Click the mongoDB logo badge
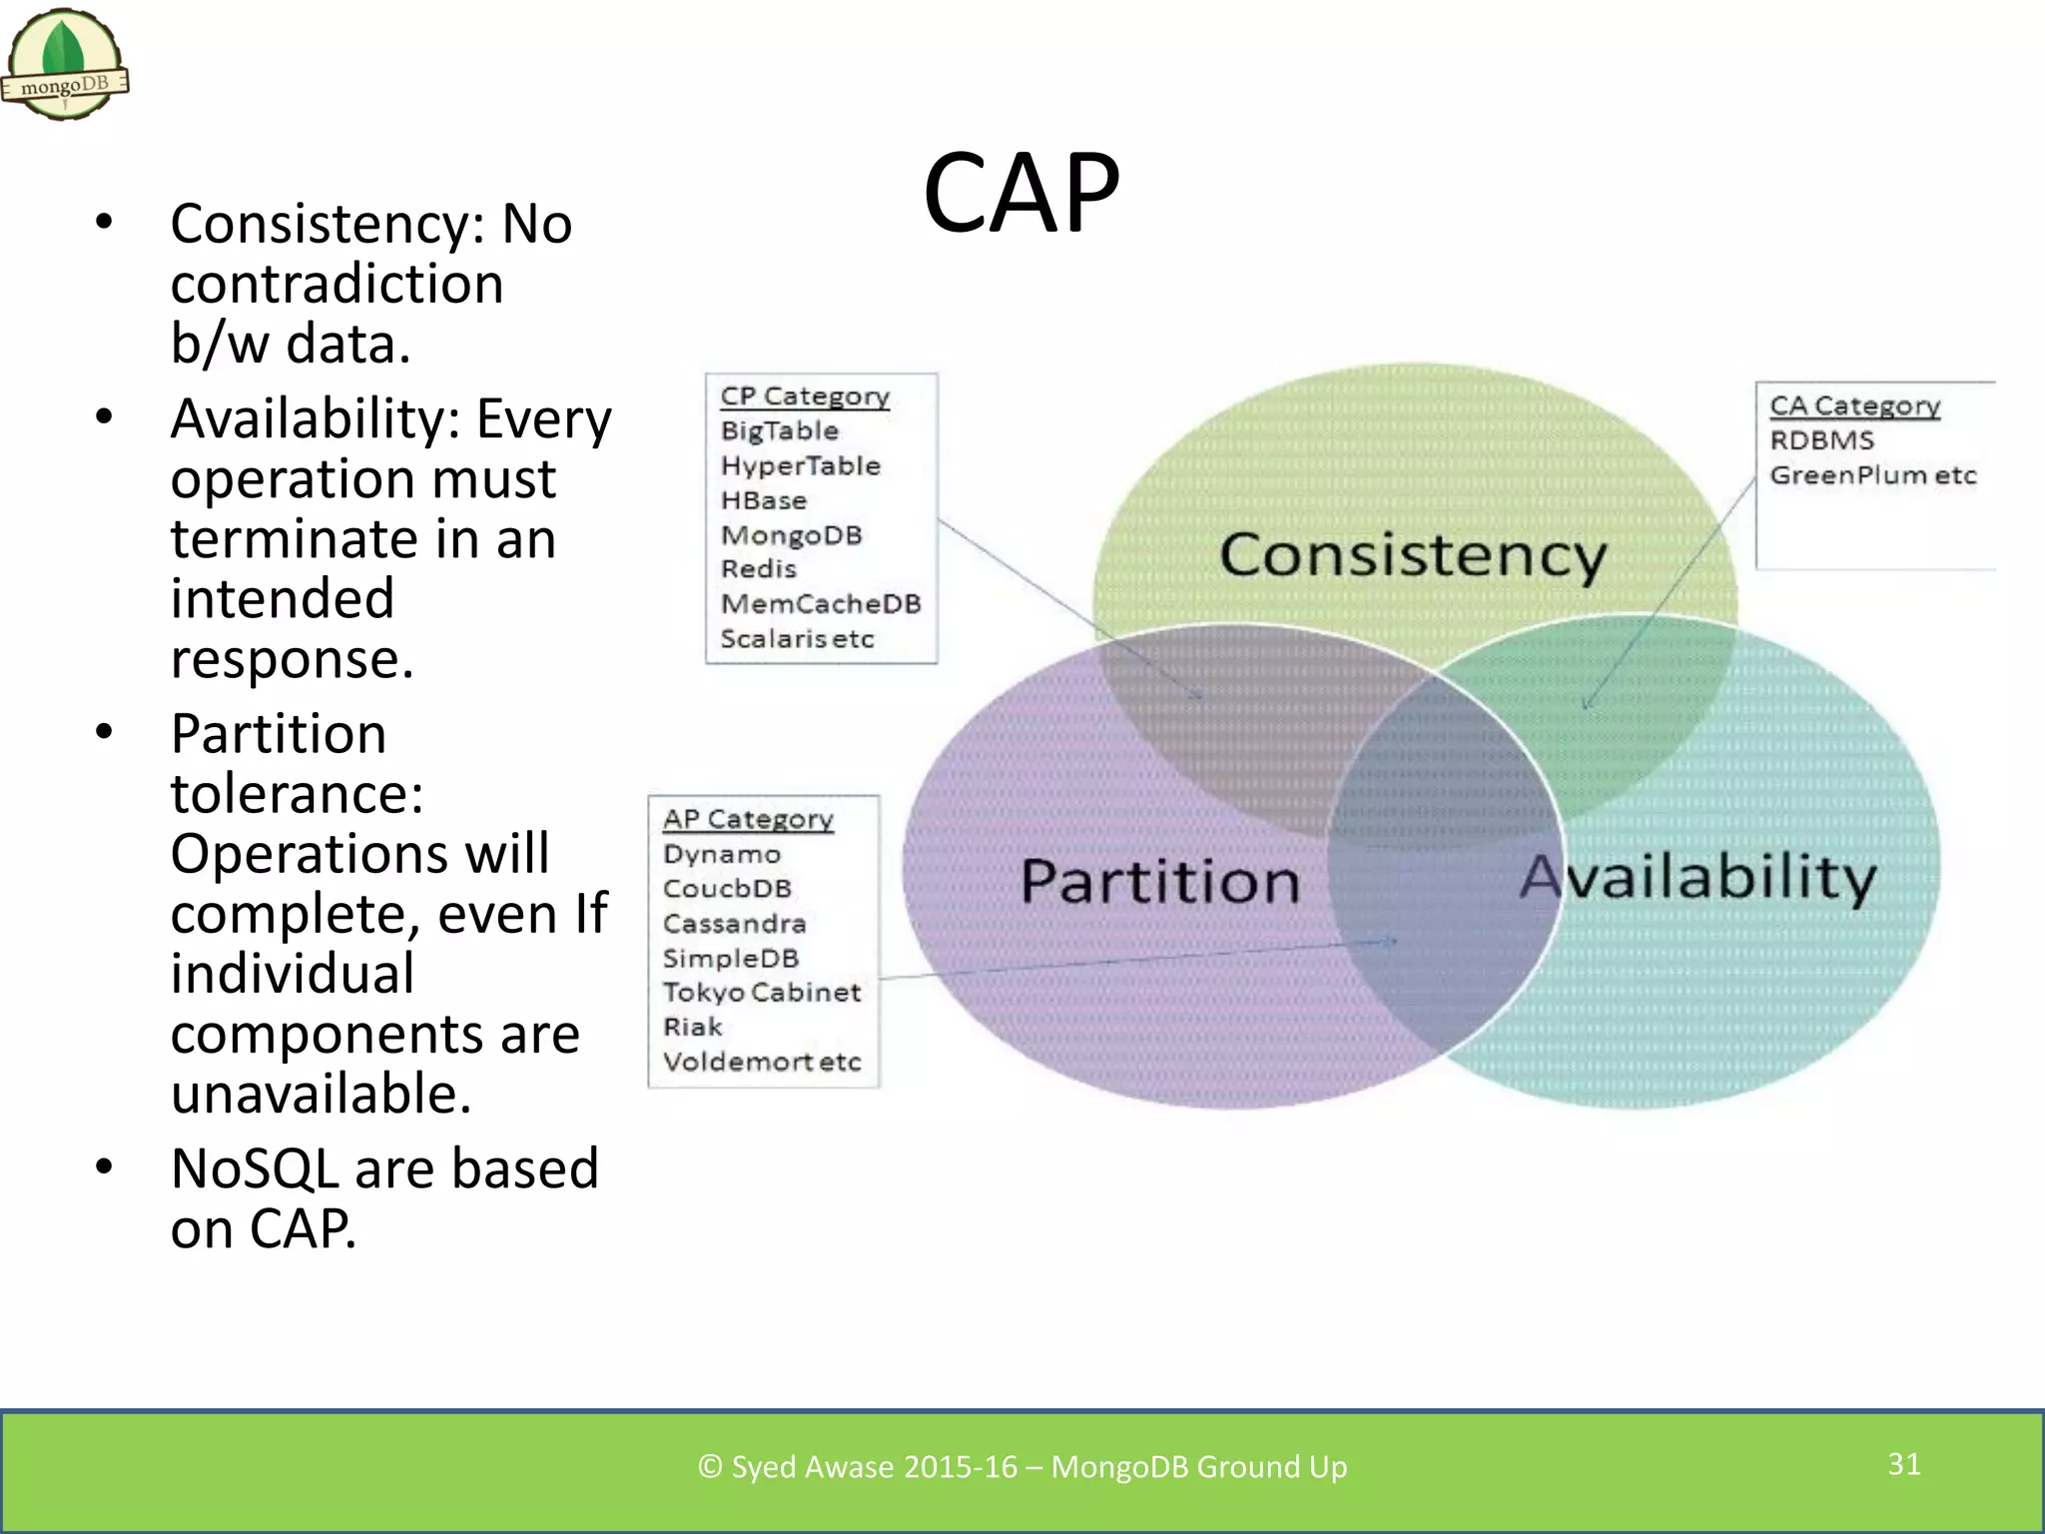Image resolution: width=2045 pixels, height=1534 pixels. [65, 65]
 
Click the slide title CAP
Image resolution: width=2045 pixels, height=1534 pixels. [1021, 193]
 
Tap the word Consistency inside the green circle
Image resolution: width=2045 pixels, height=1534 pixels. [1412, 555]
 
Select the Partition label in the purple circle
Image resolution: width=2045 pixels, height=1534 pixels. [1159, 882]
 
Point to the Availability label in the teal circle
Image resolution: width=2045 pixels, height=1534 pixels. [1698, 878]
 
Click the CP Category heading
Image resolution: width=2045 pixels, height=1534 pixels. [805, 396]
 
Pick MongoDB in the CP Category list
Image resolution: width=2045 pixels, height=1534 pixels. [791, 535]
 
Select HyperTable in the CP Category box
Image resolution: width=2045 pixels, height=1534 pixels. [800, 465]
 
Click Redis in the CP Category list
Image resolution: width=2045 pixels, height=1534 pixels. [758, 569]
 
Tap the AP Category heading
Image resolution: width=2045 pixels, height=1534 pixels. [748, 819]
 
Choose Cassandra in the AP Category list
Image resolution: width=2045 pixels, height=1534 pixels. [734, 924]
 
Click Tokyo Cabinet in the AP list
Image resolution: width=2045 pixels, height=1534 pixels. [761, 993]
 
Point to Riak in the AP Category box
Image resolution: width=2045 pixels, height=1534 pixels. [692, 1027]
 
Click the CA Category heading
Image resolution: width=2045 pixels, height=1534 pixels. [1854, 406]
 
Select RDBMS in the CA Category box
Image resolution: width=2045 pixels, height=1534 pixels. [1821, 440]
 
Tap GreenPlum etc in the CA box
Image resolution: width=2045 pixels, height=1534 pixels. [1872, 475]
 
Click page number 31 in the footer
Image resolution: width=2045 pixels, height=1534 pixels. [1903, 1464]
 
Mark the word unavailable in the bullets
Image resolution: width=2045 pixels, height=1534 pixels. [320, 1094]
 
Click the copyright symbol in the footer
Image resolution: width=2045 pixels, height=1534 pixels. [709, 1466]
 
